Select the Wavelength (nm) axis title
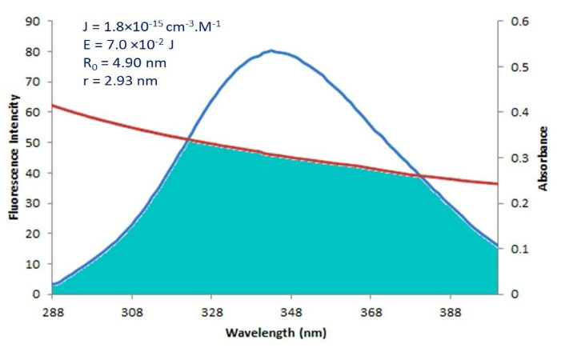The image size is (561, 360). pyautogui.click(x=275, y=331)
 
